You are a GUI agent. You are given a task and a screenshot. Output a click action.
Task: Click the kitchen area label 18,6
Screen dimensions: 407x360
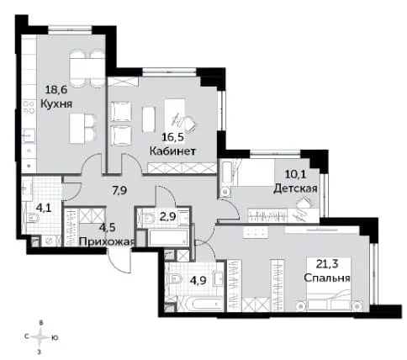[x=56, y=90]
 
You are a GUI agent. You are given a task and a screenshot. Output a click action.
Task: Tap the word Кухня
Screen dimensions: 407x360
[x=56, y=104]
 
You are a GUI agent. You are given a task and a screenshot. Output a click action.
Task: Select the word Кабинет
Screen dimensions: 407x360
[x=172, y=151]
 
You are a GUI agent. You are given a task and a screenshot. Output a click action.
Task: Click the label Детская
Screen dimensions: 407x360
[x=295, y=188]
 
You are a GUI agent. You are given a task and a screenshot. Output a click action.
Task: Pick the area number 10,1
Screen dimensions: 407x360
[x=295, y=174]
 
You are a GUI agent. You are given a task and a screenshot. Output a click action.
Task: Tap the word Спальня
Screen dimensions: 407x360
[x=327, y=278]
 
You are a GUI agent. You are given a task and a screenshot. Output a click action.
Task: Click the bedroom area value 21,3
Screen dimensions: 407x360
[x=327, y=264]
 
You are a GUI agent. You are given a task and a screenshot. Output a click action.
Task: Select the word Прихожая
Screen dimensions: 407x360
[x=108, y=241]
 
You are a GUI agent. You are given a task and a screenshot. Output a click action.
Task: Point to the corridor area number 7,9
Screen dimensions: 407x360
[x=119, y=191]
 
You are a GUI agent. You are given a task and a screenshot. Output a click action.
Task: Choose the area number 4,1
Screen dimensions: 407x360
[x=44, y=208]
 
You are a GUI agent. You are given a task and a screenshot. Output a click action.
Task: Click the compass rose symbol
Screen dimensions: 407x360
[x=40, y=336]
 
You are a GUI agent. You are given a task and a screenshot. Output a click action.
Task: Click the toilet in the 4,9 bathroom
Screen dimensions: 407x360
[x=176, y=279]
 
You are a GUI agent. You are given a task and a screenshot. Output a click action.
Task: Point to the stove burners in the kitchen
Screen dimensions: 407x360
[x=29, y=107]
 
